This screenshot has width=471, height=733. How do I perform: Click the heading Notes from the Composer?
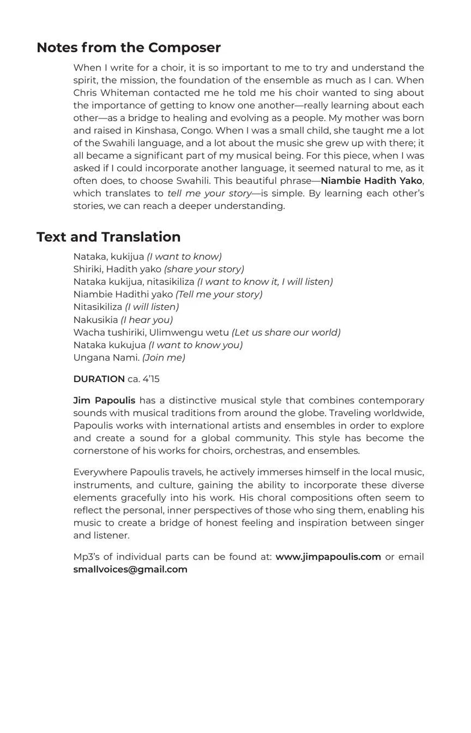point(129,48)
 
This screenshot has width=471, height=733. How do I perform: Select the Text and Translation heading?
point(108,237)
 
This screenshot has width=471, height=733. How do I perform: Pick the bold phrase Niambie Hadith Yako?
point(371,181)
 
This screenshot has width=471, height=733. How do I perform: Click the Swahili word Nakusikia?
point(95,320)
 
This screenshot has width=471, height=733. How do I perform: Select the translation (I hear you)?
point(147,320)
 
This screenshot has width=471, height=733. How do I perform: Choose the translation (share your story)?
point(204,269)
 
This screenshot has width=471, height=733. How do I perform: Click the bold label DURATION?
point(99,379)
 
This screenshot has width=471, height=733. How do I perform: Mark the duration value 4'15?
point(151,379)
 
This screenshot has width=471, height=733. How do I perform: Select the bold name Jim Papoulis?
point(104,401)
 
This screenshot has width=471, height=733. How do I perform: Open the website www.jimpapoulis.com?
point(328,557)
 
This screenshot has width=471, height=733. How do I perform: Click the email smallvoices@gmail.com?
point(130,569)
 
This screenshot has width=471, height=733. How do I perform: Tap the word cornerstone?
point(102,451)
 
